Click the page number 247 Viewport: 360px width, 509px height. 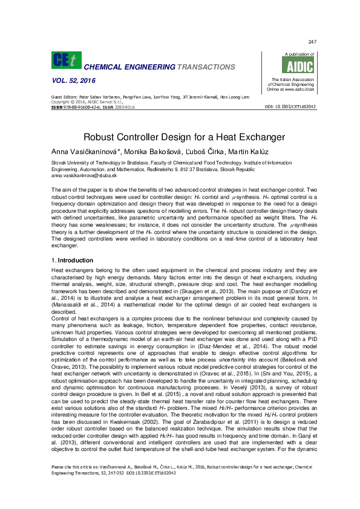(x=313, y=42)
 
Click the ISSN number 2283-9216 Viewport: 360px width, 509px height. (x=123, y=107)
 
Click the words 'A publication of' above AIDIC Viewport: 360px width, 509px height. (x=289, y=54)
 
